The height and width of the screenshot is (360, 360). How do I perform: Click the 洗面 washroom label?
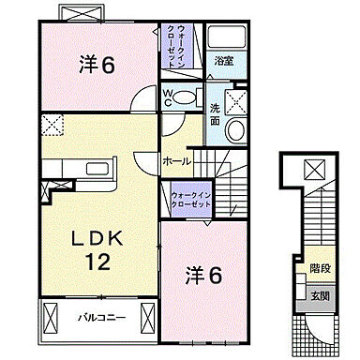(215, 113)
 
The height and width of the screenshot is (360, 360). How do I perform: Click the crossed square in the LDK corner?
(49, 123)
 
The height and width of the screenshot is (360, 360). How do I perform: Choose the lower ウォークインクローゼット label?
(192, 199)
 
